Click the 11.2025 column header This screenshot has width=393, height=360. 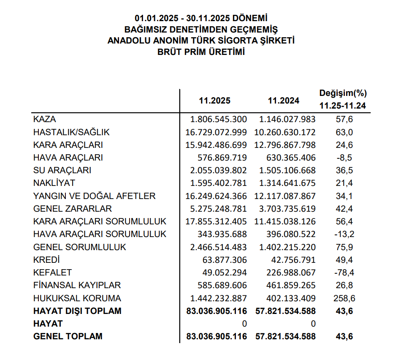tap(215, 101)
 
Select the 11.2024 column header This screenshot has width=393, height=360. tap(284, 101)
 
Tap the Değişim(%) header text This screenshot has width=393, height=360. tap(343, 93)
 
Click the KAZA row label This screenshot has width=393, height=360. tap(44, 119)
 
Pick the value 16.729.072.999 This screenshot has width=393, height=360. tap(216, 132)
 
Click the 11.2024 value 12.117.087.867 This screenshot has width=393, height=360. tap(285, 196)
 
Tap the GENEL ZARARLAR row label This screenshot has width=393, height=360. tap(72, 209)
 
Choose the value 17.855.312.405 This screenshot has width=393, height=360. tap(216, 221)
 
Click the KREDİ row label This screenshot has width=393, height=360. tap(46, 260)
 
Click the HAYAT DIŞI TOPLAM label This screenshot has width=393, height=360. tap(77, 311)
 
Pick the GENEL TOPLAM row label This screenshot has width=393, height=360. tap(68, 337)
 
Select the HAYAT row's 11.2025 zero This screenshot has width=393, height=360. tap(244, 324)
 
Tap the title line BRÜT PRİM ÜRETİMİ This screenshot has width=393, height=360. tap(201, 52)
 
